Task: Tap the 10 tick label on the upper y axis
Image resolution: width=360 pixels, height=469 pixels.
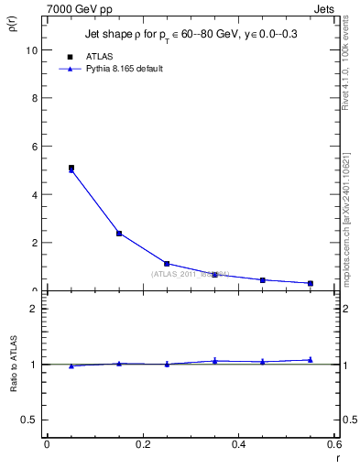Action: [x=32, y=50]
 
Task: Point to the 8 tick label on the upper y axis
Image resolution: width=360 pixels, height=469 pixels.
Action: [x=35, y=98]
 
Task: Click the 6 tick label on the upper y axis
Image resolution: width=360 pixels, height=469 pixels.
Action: [x=35, y=147]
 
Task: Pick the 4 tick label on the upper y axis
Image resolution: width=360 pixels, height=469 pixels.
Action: [x=35, y=194]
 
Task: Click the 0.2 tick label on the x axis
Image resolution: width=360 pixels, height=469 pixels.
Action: [x=142, y=444]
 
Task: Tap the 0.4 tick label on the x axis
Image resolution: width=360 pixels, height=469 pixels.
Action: [x=238, y=444]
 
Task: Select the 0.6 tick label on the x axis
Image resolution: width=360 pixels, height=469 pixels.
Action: [x=333, y=444]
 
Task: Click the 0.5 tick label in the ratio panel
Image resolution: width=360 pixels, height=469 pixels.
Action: [x=30, y=420]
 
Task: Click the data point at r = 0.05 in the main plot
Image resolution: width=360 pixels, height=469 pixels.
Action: [x=71, y=169]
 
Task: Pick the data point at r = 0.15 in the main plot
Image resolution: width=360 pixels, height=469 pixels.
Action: [x=119, y=234]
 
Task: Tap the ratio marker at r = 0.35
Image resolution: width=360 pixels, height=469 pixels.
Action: [x=214, y=361]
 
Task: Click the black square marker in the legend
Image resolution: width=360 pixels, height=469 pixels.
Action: [x=71, y=56]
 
